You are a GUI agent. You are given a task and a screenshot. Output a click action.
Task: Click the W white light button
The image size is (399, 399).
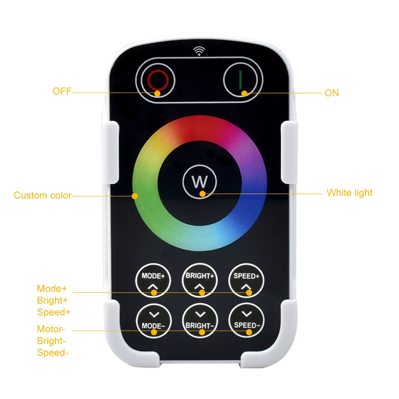199,182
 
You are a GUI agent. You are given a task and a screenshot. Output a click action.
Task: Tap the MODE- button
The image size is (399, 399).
154,321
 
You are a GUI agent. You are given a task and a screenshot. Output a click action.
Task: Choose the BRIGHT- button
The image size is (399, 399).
200,321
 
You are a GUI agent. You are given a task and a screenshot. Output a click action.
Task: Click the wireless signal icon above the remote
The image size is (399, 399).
199,51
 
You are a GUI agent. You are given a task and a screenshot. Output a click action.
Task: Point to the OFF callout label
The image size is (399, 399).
62,92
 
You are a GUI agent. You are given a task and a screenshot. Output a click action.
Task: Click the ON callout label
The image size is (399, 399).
331,93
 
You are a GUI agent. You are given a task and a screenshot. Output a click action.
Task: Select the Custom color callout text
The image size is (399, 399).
43,196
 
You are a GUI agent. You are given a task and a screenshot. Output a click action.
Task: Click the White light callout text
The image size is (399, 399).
349,193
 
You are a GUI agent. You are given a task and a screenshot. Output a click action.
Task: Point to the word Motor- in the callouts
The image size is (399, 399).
50,329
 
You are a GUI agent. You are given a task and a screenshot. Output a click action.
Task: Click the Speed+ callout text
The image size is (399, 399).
53,312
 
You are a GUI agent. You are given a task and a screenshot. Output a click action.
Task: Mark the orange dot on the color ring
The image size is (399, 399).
135,196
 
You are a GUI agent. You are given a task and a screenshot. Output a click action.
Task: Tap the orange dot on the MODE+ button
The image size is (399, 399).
154,292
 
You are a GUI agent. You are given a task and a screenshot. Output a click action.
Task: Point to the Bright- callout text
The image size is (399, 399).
51,341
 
